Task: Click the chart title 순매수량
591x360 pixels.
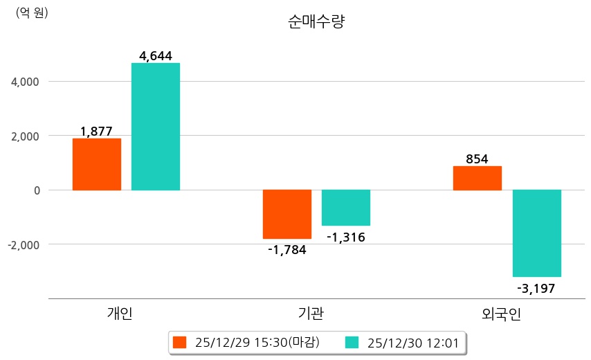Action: [316, 21]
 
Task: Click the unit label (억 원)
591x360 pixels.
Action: [32, 12]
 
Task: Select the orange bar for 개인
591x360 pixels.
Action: [96, 164]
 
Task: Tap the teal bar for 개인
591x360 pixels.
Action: [156, 126]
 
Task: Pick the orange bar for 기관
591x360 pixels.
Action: [287, 214]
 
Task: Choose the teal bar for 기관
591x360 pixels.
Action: [346, 208]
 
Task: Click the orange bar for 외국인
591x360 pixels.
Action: [478, 178]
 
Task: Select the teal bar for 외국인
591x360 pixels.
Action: [537, 233]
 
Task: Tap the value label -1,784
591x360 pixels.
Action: [287, 250]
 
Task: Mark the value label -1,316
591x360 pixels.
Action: [346, 237]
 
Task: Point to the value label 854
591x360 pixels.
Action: [478, 159]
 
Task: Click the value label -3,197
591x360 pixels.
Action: [537, 289]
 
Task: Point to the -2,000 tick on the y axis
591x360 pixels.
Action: [25, 244]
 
